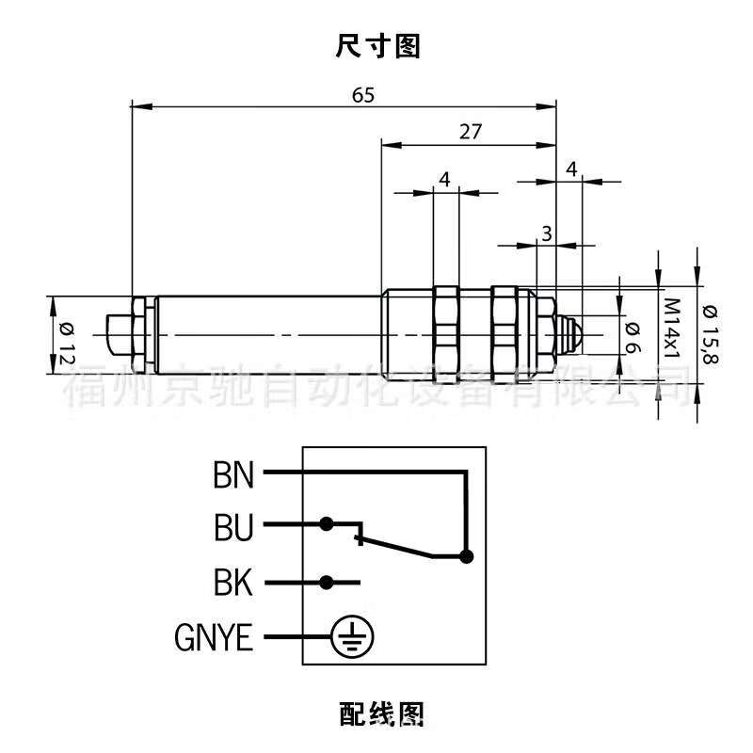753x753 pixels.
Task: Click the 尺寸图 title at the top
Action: coord(376,45)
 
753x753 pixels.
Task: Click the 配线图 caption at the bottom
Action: coord(376,713)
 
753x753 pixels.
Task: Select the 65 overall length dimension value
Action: coord(363,95)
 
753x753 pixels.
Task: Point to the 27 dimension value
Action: coord(470,132)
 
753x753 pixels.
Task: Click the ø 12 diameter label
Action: coord(66,336)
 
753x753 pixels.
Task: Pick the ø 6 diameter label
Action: coord(633,335)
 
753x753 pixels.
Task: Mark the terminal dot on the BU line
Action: coord(326,522)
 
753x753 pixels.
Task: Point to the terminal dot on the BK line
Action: coord(326,583)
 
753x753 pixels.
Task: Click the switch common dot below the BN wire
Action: coord(465,556)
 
